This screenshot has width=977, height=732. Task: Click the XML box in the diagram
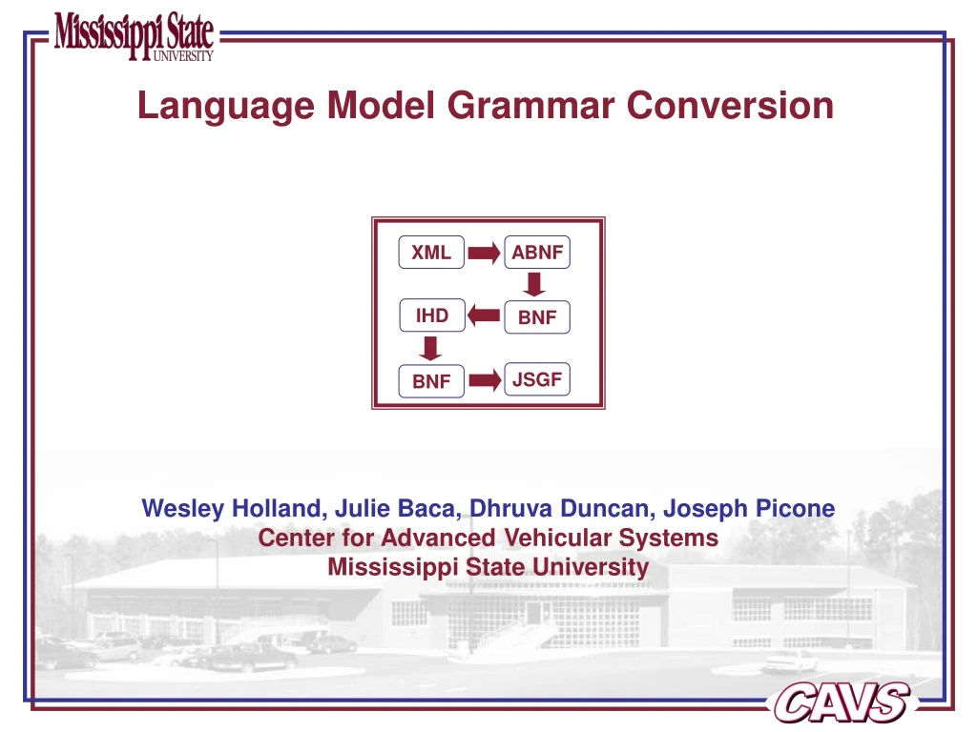coord(431,253)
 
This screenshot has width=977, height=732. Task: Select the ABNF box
coord(537,253)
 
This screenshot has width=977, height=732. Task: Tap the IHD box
coord(431,315)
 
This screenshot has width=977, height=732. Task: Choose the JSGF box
coord(537,379)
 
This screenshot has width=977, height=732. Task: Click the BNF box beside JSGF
coord(431,381)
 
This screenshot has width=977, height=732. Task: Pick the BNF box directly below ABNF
coord(537,317)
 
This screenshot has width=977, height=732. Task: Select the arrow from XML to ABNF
coord(485,253)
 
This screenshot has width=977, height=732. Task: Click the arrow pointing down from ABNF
coord(535,284)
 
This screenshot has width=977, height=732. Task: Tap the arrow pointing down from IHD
coord(431,347)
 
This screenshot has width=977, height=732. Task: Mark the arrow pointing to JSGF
coord(485,380)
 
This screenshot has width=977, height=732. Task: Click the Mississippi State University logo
coord(134,37)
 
